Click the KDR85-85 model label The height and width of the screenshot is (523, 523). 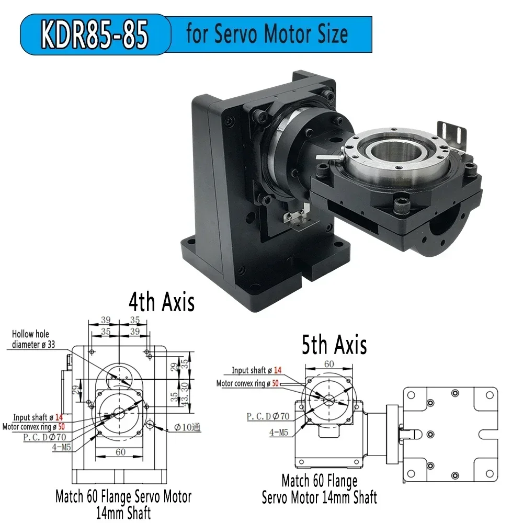pyautogui.click(x=95, y=35)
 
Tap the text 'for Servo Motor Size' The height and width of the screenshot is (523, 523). pyautogui.click(x=267, y=34)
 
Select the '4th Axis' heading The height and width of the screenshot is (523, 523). pyautogui.click(x=162, y=302)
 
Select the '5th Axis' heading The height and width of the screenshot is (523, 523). pyautogui.click(x=334, y=345)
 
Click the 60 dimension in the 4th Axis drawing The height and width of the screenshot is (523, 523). pyautogui.click(x=120, y=452)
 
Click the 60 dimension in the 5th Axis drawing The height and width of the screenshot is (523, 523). pyautogui.click(x=328, y=363)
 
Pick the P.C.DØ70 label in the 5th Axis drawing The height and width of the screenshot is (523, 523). pyautogui.click(x=267, y=416)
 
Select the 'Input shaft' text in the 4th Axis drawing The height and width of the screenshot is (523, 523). pyautogui.click(x=29, y=417)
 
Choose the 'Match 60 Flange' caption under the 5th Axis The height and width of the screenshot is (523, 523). pyautogui.click(x=319, y=480)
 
